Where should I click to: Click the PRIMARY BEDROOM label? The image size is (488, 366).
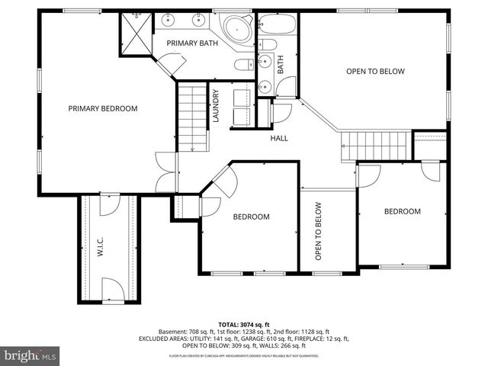pyautogui.click(x=103, y=108)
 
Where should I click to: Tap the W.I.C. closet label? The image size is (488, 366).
pyautogui.click(x=100, y=248)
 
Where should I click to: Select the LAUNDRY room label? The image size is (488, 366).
pyautogui.click(x=217, y=106)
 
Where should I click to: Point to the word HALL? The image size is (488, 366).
pyautogui.click(x=279, y=138)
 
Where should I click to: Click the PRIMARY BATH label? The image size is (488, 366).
pyautogui.click(x=192, y=43)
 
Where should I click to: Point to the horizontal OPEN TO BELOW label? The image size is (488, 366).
pyautogui.click(x=374, y=72)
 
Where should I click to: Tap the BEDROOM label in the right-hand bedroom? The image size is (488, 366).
pyautogui.click(x=402, y=211)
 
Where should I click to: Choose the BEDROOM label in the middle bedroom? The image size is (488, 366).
pyautogui.click(x=251, y=217)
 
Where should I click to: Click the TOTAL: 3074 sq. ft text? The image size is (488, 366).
pyautogui.click(x=243, y=325)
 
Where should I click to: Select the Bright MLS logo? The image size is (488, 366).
pyautogui.click(x=30, y=355)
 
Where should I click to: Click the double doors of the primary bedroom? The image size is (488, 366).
pyautogui.click(x=163, y=173)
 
